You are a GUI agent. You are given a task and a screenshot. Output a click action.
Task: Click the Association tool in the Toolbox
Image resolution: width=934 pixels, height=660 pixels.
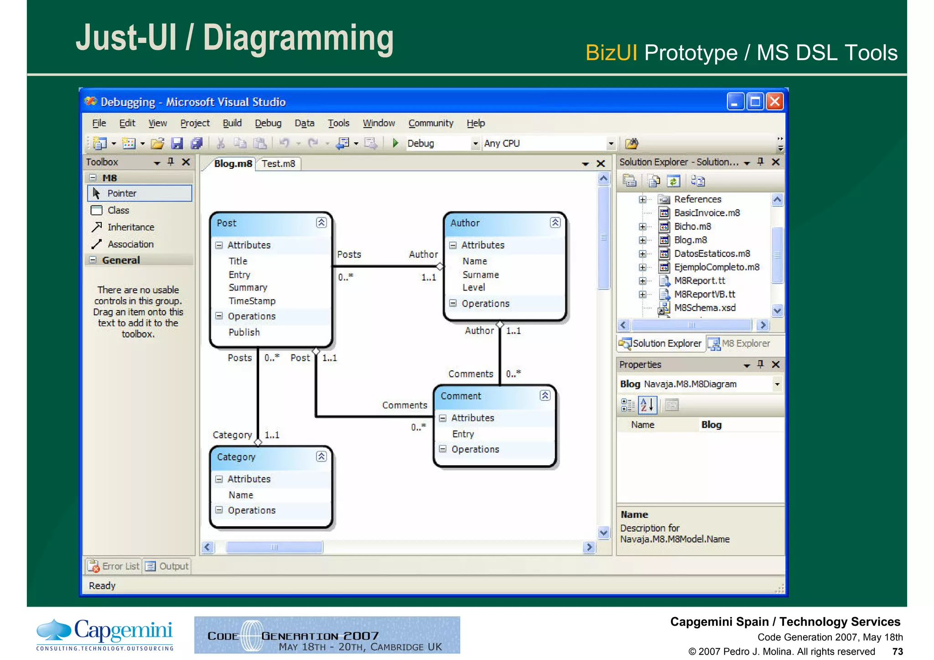130,244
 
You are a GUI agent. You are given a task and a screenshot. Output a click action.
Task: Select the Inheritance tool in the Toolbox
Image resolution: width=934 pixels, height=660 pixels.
130,227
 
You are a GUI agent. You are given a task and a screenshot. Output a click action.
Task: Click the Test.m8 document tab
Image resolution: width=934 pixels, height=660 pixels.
278,164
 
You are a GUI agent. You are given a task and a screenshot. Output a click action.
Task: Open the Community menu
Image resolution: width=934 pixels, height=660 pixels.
431,123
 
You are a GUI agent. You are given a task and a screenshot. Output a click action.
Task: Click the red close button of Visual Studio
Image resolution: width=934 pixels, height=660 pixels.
774,102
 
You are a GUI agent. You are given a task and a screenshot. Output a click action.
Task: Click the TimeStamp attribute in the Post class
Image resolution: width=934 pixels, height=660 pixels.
252,301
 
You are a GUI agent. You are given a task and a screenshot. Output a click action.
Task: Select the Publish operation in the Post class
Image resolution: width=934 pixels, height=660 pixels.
244,333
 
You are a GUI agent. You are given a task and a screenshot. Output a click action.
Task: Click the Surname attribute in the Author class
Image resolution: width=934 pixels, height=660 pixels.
480,275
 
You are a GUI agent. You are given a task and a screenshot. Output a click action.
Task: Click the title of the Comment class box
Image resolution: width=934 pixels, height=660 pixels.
461,396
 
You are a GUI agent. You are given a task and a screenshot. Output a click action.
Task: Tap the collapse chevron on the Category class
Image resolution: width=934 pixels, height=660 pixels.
321,457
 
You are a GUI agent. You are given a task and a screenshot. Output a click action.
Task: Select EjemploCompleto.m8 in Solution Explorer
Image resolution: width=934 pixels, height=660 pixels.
716,267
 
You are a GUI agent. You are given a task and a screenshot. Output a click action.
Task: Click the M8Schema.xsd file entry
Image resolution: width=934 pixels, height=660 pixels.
705,308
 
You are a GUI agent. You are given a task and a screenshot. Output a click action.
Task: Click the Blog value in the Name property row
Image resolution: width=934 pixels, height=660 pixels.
711,425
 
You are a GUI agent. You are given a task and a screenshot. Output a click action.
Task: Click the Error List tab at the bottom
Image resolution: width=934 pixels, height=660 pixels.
114,566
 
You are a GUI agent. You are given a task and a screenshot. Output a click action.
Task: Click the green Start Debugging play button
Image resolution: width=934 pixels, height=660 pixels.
395,143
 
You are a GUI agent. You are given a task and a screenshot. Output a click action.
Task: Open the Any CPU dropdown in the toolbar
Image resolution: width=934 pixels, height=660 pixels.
611,144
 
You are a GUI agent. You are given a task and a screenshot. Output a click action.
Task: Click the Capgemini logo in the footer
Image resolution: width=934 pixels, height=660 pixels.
105,634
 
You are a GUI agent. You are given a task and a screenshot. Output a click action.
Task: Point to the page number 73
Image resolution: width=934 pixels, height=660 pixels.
897,651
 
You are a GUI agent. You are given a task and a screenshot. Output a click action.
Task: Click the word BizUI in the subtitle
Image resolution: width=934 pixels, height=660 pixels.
611,53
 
